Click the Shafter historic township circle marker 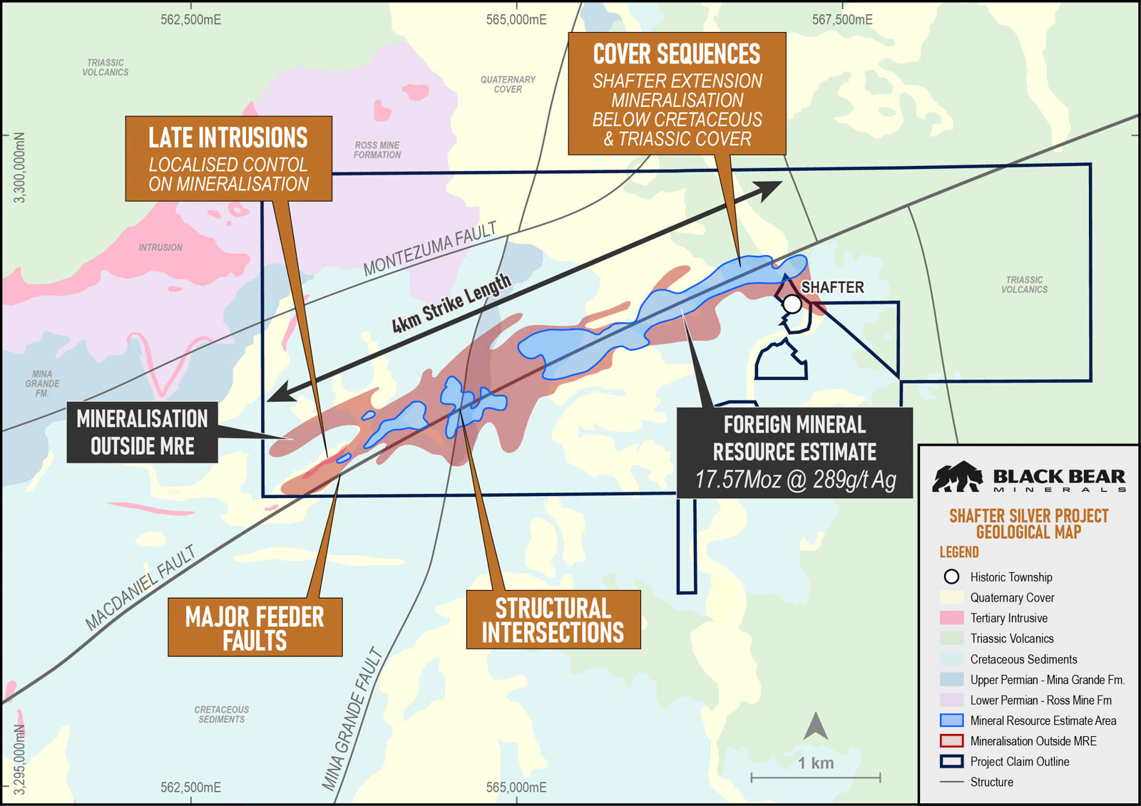[x=792, y=304]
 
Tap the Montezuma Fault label [x=429, y=249]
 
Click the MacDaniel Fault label [x=140, y=589]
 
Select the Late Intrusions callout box [x=228, y=159]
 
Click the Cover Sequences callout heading [x=677, y=54]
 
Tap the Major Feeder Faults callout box [x=255, y=627]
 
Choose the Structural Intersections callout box [x=553, y=619]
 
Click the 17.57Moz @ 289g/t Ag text [x=794, y=480]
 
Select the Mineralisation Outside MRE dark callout [x=142, y=432]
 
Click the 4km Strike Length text [x=451, y=304]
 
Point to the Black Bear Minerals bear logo [x=958, y=477]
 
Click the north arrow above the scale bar [x=816, y=726]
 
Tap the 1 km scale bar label [x=816, y=763]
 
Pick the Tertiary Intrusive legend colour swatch [x=951, y=618]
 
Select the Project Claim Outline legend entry [x=1019, y=761]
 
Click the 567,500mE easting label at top [x=842, y=20]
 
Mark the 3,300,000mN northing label [x=20, y=167]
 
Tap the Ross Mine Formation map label [x=377, y=150]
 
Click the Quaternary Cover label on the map [x=508, y=84]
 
